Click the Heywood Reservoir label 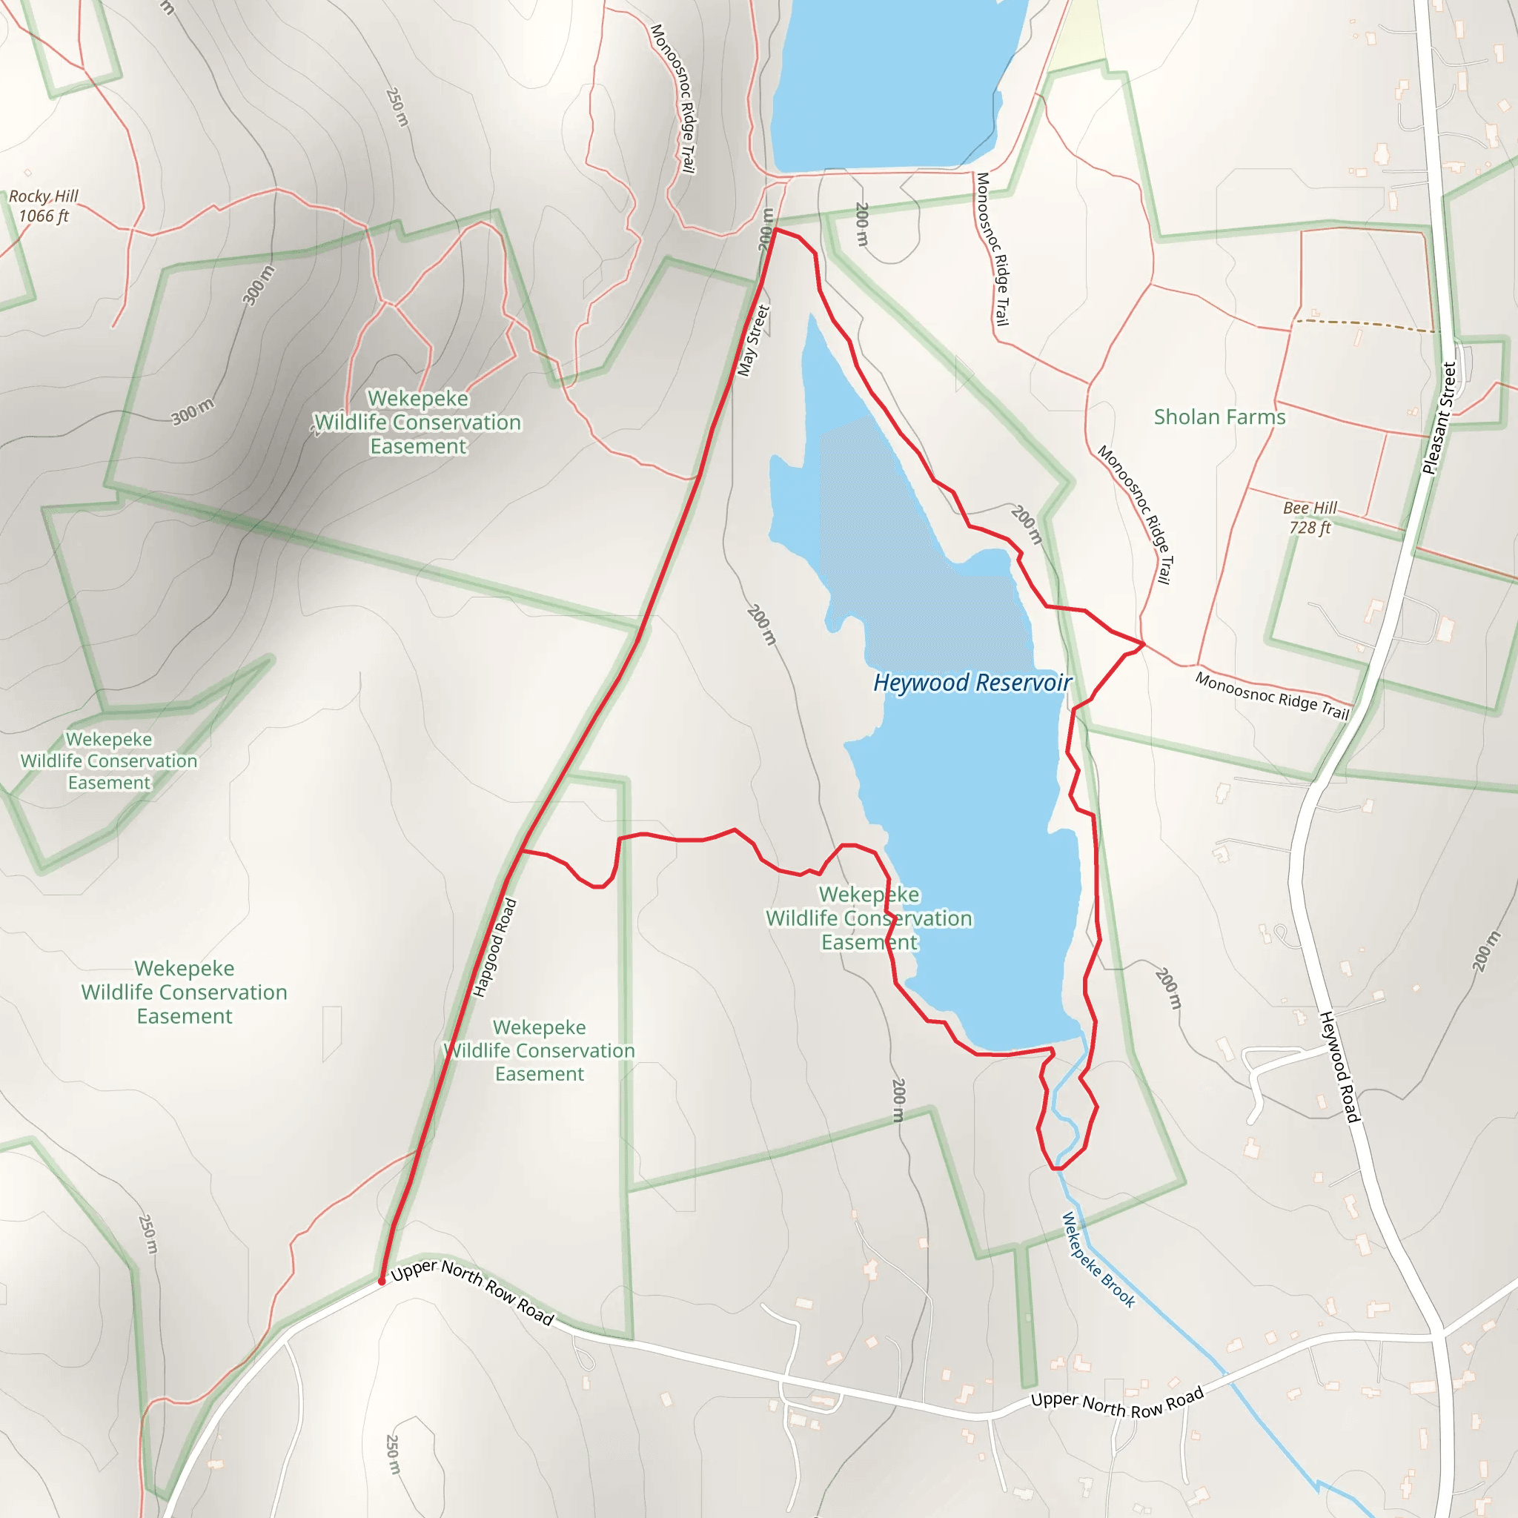(x=972, y=682)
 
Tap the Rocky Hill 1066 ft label (x=44, y=206)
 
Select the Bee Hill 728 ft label (x=1310, y=518)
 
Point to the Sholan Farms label (x=1219, y=417)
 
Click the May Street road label (x=754, y=340)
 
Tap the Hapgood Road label (x=495, y=947)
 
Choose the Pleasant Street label (x=1439, y=418)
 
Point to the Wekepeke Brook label (x=1098, y=1259)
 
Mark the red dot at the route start (x=382, y=1282)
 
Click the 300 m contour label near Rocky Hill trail (x=258, y=286)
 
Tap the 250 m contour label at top (x=397, y=107)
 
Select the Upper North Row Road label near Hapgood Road (x=472, y=1292)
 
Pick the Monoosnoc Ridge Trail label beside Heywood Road (x=1272, y=696)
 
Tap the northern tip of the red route (x=775, y=230)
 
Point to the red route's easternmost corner (x=1144, y=644)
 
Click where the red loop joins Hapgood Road (x=522, y=850)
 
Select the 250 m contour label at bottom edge (x=392, y=1454)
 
